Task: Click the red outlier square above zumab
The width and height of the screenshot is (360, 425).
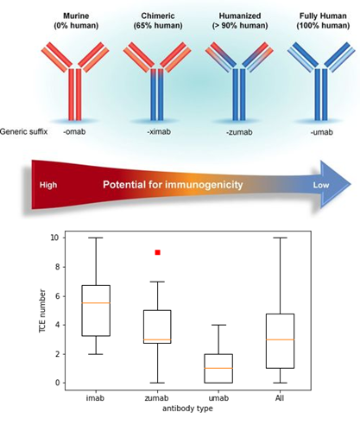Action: pyautogui.click(x=157, y=252)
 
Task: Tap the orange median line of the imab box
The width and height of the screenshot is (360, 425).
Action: pyautogui.click(x=96, y=303)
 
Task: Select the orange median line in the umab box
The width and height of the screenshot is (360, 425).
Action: pyautogui.click(x=218, y=368)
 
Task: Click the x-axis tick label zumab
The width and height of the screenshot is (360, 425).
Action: pyautogui.click(x=156, y=398)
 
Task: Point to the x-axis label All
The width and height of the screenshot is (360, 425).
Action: pyautogui.click(x=280, y=398)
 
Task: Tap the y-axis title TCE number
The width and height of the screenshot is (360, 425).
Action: pyautogui.click(x=42, y=311)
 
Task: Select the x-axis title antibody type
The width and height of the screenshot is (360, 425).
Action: pyautogui.click(x=187, y=409)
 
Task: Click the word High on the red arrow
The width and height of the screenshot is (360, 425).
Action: pyautogui.click(x=48, y=185)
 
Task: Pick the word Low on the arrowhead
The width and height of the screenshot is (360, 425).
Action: pyautogui.click(x=321, y=185)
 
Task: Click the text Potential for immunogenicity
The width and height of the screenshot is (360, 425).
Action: pyautogui.click(x=173, y=185)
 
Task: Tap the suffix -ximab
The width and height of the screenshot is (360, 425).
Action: pyautogui.click(x=159, y=132)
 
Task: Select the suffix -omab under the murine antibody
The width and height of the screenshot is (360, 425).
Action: pyautogui.click(x=74, y=132)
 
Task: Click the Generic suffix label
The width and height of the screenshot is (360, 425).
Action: pyautogui.click(x=23, y=132)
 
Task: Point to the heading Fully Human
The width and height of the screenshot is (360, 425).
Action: pyautogui.click(x=323, y=16)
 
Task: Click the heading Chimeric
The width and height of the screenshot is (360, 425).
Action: pyautogui.click(x=158, y=16)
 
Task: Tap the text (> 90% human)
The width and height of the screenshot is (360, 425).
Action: pyautogui.click(x=240, y=26)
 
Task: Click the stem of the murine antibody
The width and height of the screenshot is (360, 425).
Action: pyautogui.click(x=75, y=94)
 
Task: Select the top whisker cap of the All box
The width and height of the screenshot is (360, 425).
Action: pyautogui.click(x=280, y=238)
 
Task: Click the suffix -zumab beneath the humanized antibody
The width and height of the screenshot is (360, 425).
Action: pyautogui.click(x=239, y=132)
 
